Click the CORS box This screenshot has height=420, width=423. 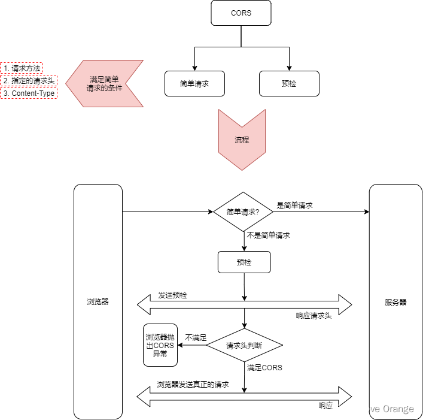pos(241,13)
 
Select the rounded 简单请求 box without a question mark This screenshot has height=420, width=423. pos(194,84)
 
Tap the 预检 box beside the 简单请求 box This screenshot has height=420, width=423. pos(289,84)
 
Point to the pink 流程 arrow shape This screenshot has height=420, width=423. pos(242,140)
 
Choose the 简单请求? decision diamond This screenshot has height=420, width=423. pos(244,211)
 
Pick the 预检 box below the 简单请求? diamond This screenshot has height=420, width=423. pos(244,262)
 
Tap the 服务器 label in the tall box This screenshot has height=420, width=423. pos(395,302)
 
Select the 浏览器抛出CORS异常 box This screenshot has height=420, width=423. pos(160,345)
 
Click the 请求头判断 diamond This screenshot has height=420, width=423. pos(244,346)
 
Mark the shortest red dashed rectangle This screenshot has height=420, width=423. pos(22,68)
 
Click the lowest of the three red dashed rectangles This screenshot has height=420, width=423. pos(29,93)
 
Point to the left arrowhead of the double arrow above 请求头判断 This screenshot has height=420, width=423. pos(144,304)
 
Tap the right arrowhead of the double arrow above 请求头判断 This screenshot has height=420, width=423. pos(345,304)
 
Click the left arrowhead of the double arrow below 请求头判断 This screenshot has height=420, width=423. pos(144,396)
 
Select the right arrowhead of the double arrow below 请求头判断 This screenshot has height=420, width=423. pos(345,396)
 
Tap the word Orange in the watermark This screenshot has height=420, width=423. pos(398,409)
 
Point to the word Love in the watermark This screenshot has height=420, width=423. pos(371,409)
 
